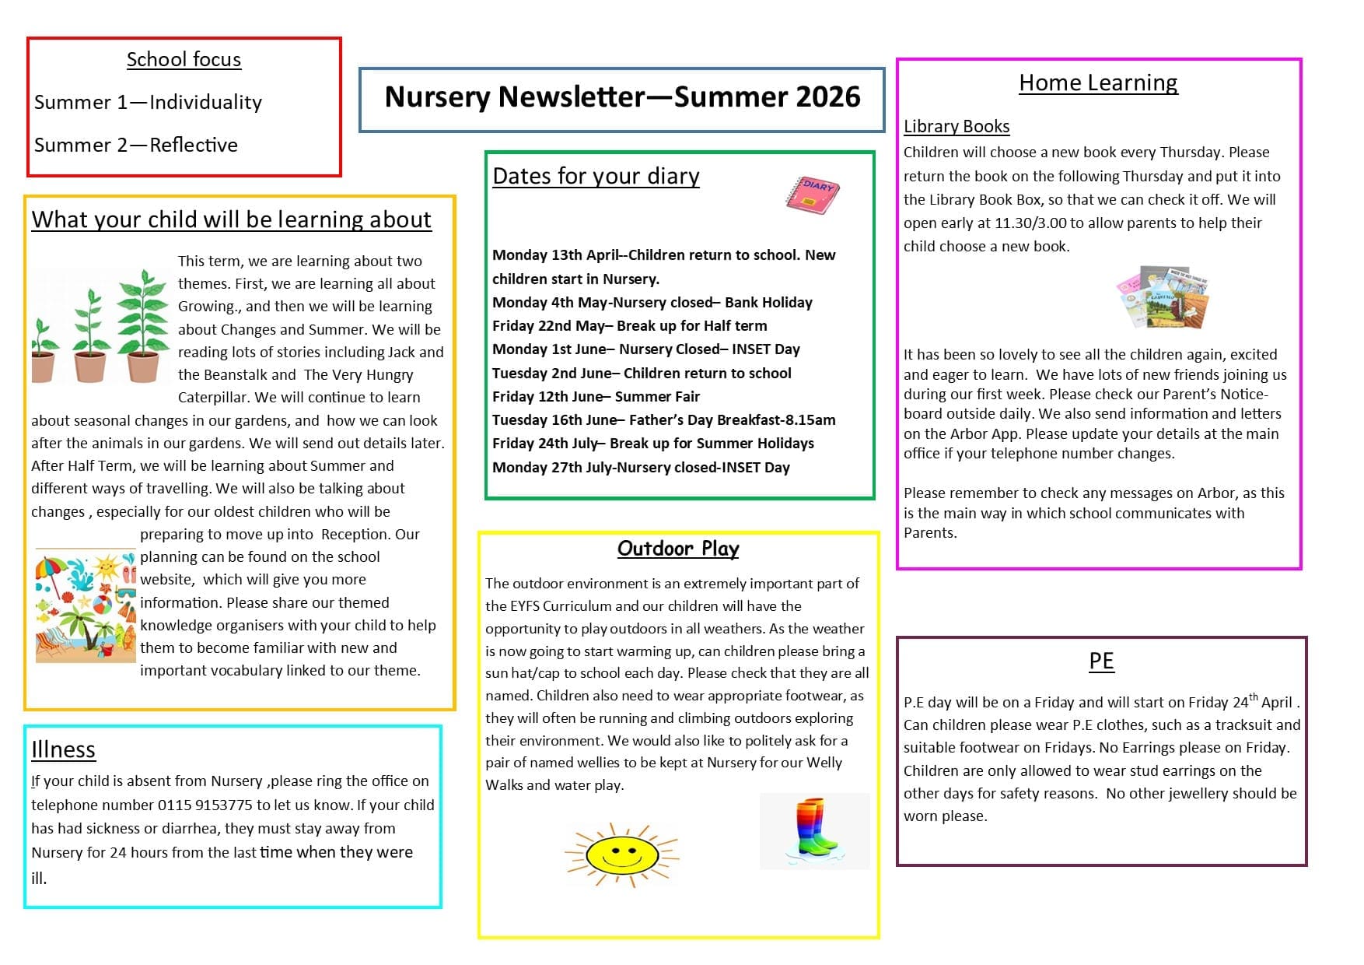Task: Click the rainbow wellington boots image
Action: [813, 830]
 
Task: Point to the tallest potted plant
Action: [143, 326]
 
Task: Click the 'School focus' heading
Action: [184, 60]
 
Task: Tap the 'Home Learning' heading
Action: [1098, 82]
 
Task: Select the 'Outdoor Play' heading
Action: [678, 549]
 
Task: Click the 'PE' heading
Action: [1101, 661]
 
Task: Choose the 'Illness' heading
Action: [63, 749]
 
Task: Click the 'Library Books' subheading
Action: [957, 126]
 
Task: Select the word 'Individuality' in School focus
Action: [205, 103]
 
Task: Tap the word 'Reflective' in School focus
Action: [194, 146]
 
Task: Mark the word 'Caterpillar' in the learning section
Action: [212, 398]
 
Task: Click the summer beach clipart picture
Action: [86, 605]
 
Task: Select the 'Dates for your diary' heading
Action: [596, 177]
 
